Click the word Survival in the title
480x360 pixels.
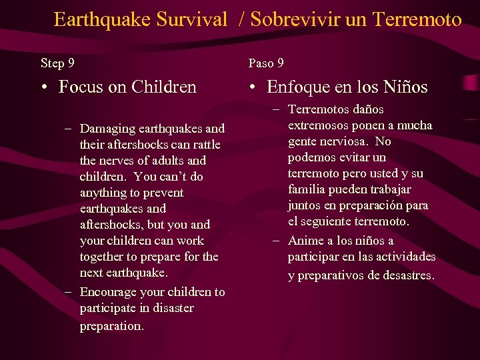(x=192, y=19)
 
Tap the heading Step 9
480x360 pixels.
(x=57, y=63)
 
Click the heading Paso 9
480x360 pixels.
(x=266, y=63)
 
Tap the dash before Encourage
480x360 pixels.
(x=70, y=293)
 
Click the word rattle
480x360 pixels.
(x=203, y=145)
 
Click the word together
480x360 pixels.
(x=103, y=257)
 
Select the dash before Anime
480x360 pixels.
(x=275, y=241)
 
